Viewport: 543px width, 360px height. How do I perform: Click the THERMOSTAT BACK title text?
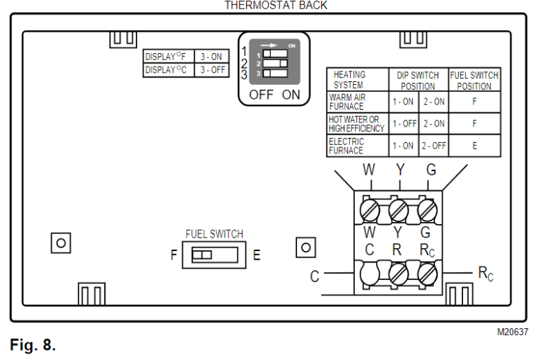coord(276,5)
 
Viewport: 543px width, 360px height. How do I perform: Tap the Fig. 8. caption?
coord(33,345)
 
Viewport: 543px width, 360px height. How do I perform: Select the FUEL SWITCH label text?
coord(214,234)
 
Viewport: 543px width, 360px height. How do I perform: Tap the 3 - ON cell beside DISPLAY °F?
coord(211,57)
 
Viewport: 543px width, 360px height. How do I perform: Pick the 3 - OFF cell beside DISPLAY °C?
coord(211,69)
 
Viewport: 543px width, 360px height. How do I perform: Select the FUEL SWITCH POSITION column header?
coord(474,81)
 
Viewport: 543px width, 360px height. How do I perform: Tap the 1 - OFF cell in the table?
coord(404,124)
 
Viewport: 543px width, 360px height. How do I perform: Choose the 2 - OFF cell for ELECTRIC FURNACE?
coord(433,146)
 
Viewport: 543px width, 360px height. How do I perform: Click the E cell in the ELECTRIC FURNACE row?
coord(474,146)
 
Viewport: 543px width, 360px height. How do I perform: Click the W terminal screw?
coord(370,210)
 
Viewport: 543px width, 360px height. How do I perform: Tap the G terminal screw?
coord(426,210)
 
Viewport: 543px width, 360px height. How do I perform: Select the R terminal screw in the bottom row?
coord(398,272)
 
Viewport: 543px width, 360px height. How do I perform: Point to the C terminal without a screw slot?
coord(370,272)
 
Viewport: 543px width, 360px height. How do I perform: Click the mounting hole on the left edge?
coord(61,243)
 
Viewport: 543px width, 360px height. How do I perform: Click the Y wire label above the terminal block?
coord(399,170)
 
